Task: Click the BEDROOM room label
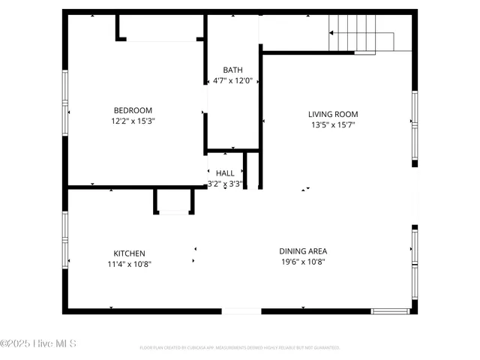pos(133,110)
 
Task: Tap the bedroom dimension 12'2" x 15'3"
pos(133,120)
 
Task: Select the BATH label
pos(232,70)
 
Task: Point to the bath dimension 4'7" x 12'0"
pos(232,80)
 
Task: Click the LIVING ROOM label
pos(333,115)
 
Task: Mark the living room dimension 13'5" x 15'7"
pos(333,125)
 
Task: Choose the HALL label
pos(225,173)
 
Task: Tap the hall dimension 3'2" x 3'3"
pos(225,184)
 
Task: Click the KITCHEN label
pos(129,253)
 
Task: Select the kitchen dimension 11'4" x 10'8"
pos(129,264)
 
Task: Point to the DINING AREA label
pos(303,251)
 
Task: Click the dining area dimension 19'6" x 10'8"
pos(303,262)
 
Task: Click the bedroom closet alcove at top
pos(160,28)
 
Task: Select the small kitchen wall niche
pos(174,202)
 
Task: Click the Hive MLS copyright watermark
pos(38,344)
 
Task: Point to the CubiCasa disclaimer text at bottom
pos(240,348)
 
